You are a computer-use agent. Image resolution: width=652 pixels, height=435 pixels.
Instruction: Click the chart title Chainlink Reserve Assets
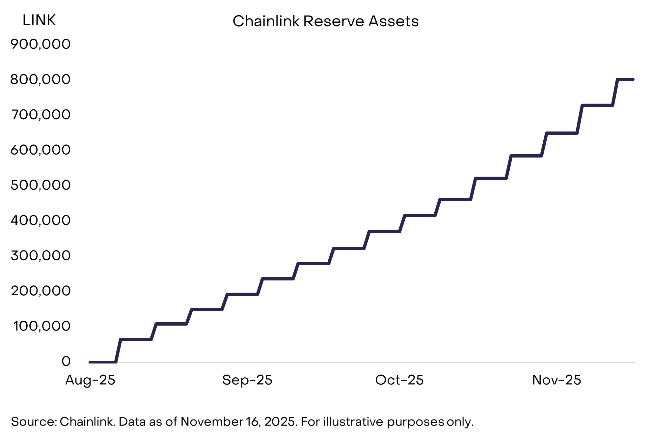[x=325, y=21]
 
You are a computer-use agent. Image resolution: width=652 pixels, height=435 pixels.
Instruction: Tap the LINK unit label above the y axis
[x=39, y=20]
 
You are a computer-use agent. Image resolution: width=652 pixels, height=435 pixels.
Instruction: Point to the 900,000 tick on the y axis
[x=41, y=44]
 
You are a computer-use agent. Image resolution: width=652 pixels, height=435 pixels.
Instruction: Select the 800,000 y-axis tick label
[x=41, y=79]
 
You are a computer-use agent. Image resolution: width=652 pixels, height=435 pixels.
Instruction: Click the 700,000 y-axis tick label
[x=41, y=115]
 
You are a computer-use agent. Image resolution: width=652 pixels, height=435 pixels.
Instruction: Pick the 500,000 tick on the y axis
[x=41, y=185]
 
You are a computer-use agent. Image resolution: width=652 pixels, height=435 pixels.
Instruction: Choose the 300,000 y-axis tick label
[x=41, y=256]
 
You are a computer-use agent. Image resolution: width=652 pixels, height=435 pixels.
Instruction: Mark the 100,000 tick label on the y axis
[x=41, y=326]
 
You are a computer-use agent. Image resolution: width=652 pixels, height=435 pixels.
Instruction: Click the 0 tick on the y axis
[x=66, y=362]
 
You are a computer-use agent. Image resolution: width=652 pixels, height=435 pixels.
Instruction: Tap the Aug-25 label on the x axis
[x=90, y=380]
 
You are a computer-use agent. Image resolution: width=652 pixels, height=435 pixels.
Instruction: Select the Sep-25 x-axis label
[x=247, y=380]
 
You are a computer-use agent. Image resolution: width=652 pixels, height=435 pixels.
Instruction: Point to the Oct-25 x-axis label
[x=399, y=380]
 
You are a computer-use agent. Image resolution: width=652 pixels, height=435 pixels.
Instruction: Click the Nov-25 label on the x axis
[x=557, y=380]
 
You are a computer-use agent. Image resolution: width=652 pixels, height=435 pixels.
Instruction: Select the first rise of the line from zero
[x=118, y=351]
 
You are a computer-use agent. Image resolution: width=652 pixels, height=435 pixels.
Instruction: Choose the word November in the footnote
[x=212, y=422]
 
